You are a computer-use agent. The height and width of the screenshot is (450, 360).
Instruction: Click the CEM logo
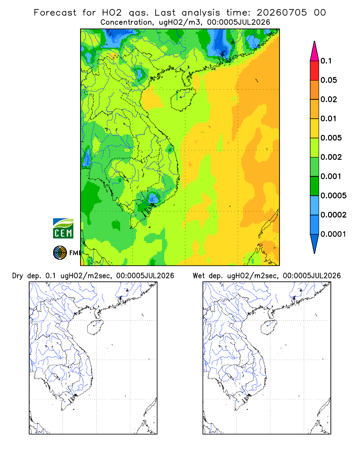[63, 228]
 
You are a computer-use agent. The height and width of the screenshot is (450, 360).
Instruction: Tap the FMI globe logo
[60, 253]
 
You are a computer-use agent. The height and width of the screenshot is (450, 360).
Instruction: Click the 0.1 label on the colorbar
[326, 61]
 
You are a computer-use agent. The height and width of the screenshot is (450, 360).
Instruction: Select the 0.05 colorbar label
[328, 80]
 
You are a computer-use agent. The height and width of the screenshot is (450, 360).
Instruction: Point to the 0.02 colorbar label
[328, 99]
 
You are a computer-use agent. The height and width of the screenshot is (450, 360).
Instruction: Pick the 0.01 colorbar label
[328, 118]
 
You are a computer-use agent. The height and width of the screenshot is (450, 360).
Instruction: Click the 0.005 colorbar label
[331, 138]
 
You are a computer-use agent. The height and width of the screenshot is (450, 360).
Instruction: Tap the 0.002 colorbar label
[331, 157]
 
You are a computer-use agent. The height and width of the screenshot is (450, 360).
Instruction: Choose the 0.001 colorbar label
[331, 176]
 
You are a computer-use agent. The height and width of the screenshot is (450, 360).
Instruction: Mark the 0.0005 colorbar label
[333, 195]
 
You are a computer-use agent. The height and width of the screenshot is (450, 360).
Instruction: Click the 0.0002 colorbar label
[333, 215]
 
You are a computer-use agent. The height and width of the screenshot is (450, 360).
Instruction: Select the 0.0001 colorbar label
[333, 234]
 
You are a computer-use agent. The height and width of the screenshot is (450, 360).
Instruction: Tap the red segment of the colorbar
[315, 71]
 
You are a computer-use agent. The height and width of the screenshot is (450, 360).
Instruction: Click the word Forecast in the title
[55, 13]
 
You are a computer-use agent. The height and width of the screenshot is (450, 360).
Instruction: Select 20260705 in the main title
[282, 13]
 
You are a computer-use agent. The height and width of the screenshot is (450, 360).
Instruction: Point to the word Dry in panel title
[18, 276]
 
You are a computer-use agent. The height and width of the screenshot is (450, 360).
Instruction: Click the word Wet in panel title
[198, 276]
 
